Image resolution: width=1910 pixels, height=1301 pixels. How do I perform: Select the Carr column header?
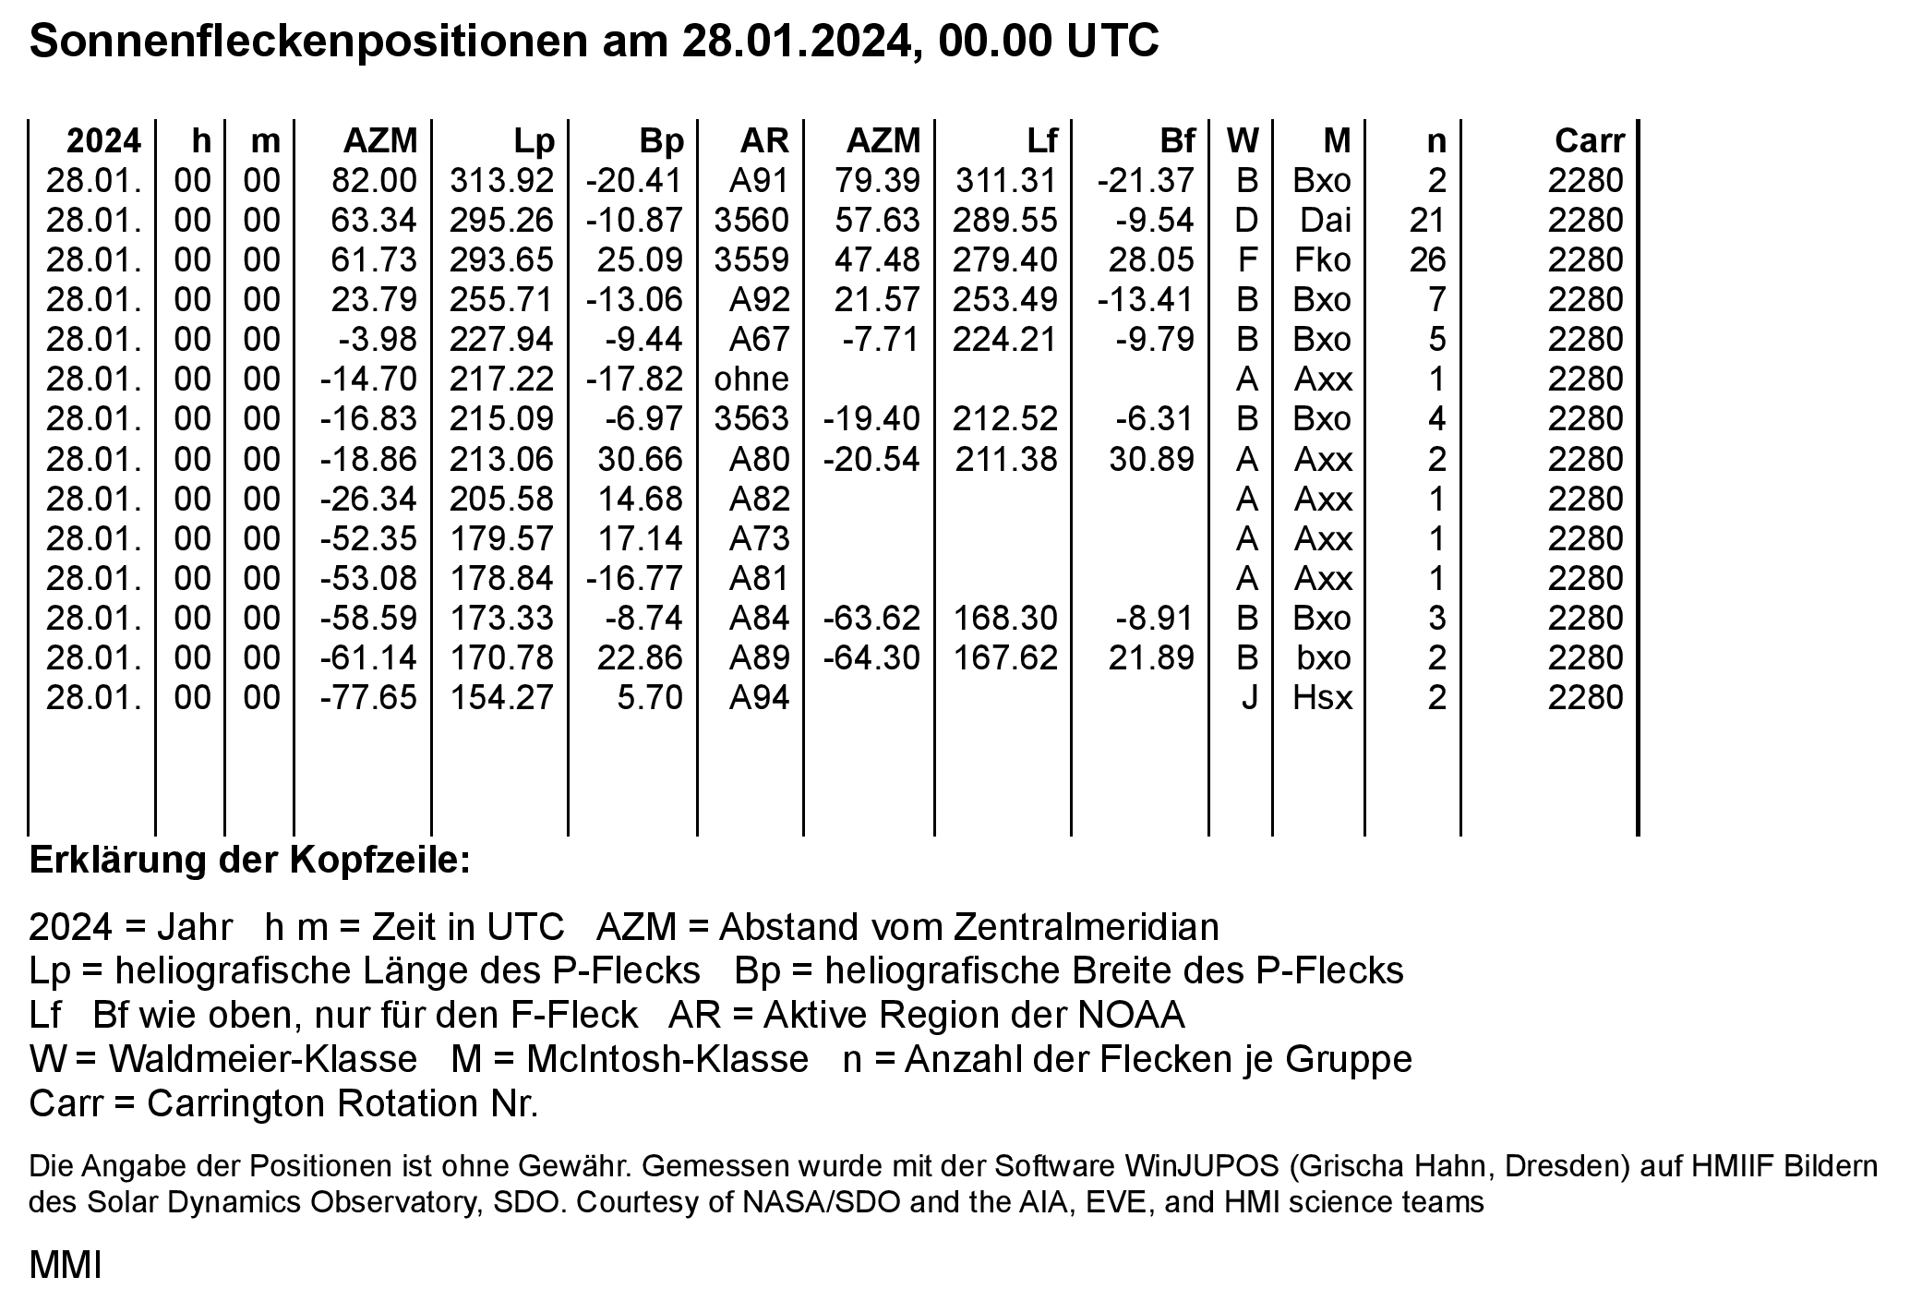1589,140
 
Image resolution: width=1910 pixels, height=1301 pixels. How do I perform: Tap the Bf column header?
1177,140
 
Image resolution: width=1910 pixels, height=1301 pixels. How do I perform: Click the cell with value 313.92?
501,181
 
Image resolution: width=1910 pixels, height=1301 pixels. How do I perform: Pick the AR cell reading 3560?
751,221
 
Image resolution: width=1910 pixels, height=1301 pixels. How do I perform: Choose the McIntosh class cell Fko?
1322,260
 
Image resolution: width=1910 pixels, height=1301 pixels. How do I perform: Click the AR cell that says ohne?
751,379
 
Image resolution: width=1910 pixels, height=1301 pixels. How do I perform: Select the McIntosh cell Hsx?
1322,697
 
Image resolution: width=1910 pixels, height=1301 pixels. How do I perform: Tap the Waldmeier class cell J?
1248,697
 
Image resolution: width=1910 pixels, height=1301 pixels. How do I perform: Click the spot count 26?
1427,260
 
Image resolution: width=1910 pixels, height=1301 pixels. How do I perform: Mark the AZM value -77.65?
368,697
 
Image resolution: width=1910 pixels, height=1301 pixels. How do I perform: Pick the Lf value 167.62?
1005,657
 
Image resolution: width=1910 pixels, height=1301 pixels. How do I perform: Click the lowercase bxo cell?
1323,657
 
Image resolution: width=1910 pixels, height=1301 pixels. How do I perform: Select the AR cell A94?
759,697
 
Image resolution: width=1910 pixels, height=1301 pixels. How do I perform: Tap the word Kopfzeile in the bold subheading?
380,861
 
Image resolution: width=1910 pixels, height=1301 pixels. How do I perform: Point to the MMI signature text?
66,1266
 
